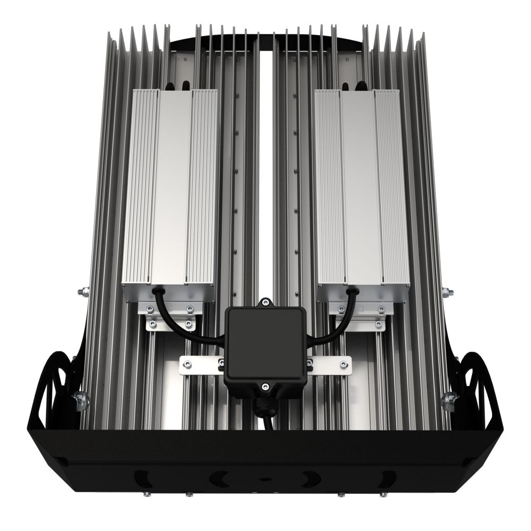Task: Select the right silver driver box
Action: pyautogui.click(x=363, y=186)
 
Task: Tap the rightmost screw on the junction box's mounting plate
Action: pyautogui.click(x=343, y=363)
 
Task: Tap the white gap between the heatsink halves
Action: pyautogui.click(x=265, y=159)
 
